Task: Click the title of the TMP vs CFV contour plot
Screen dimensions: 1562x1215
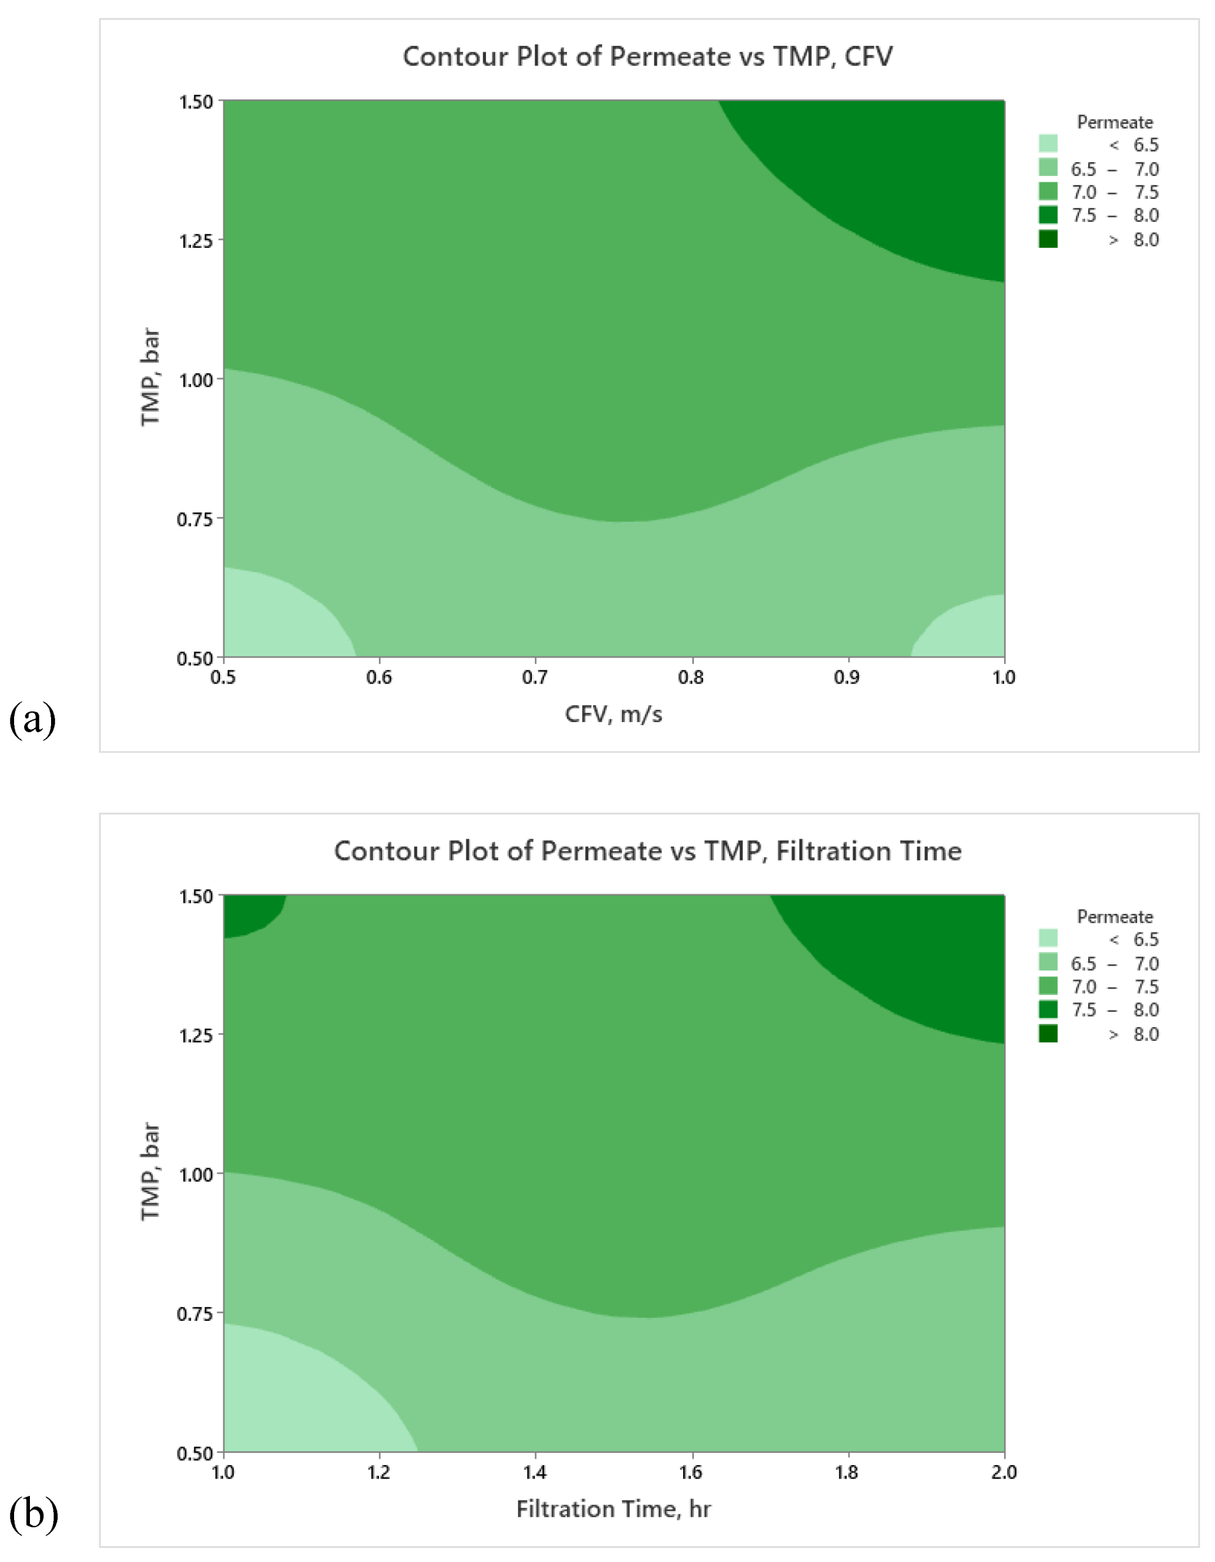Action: [x=647, y=56]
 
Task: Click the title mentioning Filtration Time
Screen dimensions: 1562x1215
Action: [x=647, y=851]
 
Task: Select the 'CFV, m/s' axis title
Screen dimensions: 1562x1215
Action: [x=613, y=714]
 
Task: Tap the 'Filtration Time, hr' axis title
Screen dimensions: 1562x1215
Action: [x=613, y=1509]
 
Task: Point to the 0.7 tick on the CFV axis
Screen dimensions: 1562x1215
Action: [x=535, y=677]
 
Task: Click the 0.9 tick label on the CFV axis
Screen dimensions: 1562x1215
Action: [x=848, y=677]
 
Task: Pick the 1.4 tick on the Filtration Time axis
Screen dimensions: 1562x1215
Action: [x=535, y=1471]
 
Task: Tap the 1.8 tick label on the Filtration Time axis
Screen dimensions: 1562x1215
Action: [x=848, y=1471]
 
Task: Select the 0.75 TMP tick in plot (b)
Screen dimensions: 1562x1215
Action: [x=195, y=1313]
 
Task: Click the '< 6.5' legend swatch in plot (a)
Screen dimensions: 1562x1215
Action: [x=1048, y=144]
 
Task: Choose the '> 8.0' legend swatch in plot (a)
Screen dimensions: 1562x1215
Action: [x=1048, y=239]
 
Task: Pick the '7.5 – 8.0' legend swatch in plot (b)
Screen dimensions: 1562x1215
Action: [x=1048, y=1009]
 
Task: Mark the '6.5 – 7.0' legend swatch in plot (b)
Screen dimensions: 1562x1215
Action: [x=1048, y=963]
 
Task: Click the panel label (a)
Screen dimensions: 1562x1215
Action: [x=32, y=720]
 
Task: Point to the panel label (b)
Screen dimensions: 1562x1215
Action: [x=33, y=1514]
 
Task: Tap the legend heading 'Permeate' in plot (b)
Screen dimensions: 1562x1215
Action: [x=1114, y=916]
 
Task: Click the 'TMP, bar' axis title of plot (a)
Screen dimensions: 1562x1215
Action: [x=150, y=377]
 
